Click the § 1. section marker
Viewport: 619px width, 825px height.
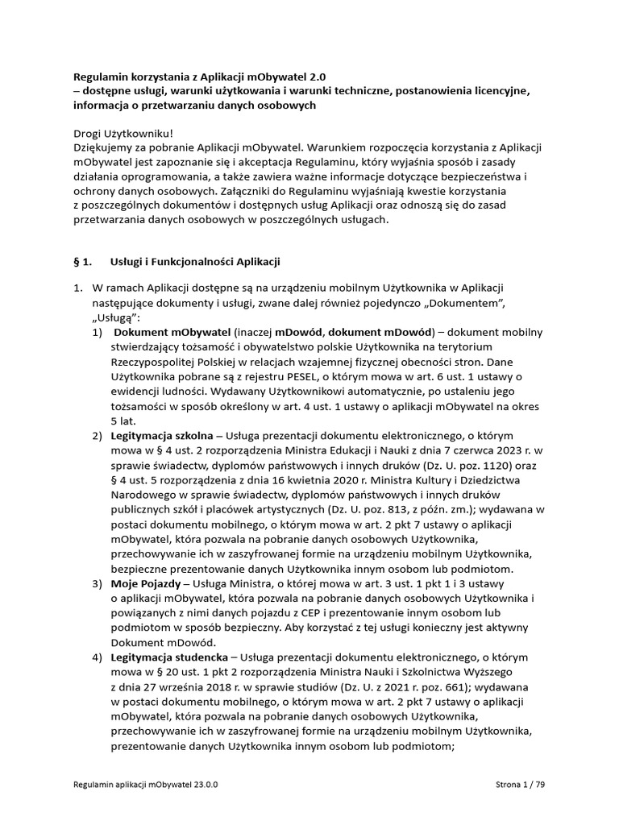click(83, 262)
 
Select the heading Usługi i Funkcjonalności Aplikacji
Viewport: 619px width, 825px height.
click(194, 262)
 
